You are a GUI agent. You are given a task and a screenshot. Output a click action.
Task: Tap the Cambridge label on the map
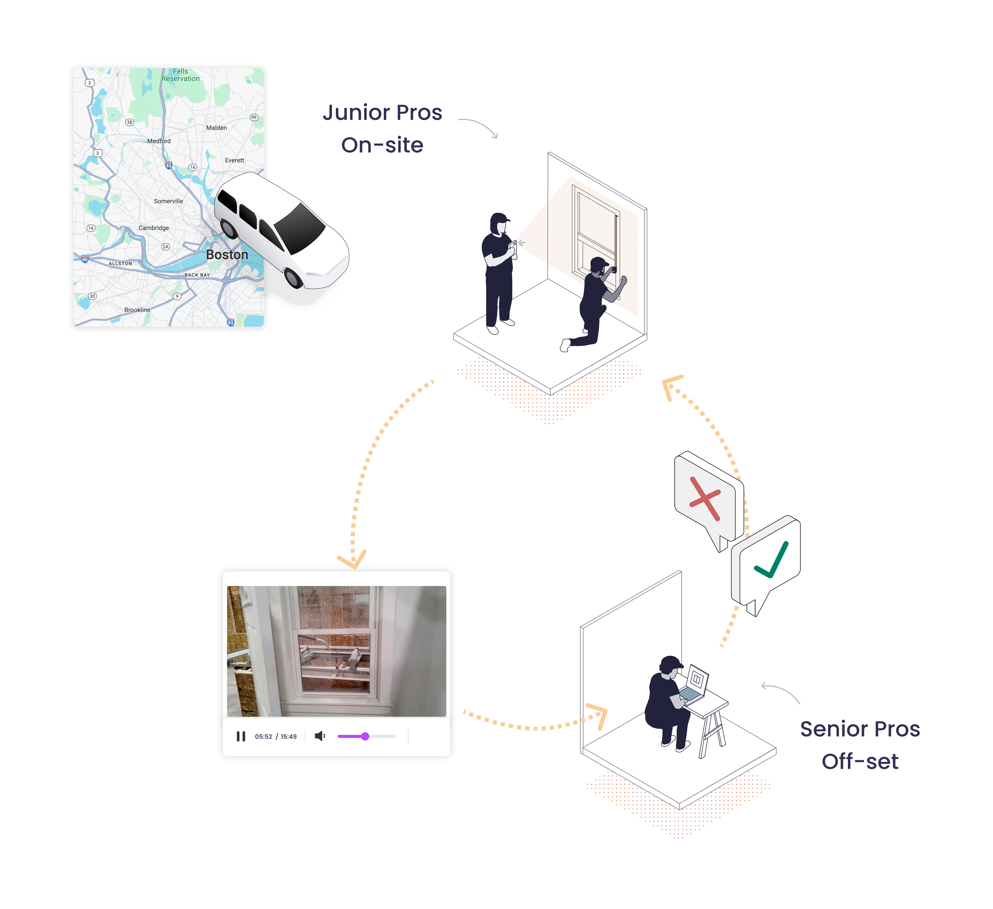click(x=154, y=228)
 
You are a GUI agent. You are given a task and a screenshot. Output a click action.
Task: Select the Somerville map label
click(x=168, y=201)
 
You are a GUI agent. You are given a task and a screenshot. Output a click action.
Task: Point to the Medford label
click(x=159, y=141)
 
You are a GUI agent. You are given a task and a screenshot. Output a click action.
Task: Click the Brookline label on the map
click(x=137, y=310)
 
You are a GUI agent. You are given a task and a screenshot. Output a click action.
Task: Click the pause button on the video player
click(x=241, y=736)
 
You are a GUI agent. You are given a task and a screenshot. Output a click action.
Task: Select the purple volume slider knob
click(x=365, y=736)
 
